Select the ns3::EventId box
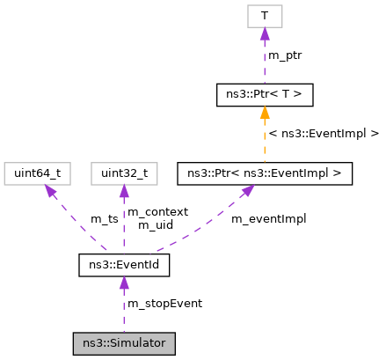[x=124, y=263]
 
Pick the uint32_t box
[x=124, y=173]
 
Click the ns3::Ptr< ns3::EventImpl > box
[x=265, y=173]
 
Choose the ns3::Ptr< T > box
[x=265, y=93]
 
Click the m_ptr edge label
[x=286, y=55]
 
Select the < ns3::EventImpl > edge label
[x=324, y=134]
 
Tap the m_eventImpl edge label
[x=268, y=218]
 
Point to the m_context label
[x=157, y=212]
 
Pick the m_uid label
[x=156, y=225]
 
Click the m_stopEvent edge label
[x=164, y=304]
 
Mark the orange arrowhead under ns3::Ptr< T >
[x=265, y=112]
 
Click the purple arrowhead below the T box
[x=265, y=33]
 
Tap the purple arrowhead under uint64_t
[x=50, y=191]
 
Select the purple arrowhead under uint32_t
[x=124, y=192]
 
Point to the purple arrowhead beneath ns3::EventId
[x=124, y=282]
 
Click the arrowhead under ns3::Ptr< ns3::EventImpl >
[x=248, y=191]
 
